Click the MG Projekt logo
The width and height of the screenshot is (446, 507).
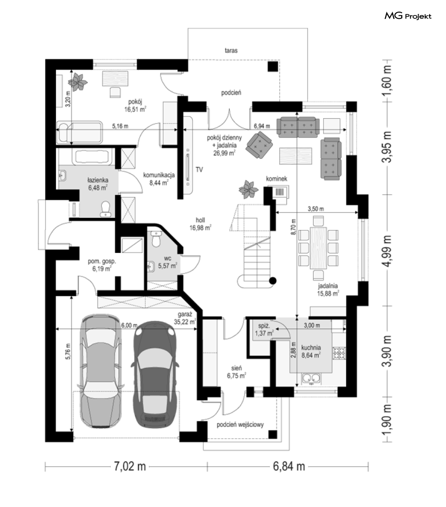point(408,16)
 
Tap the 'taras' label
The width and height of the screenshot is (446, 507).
point(231,51)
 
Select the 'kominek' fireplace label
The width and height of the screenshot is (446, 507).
point(277,179)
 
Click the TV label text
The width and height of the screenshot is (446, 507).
point(199,170)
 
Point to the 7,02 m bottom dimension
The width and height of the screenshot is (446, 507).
point(130,466)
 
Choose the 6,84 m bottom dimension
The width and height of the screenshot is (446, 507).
point(289,466)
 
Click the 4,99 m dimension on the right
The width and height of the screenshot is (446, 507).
point(387,251)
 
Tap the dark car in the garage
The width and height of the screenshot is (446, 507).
point(154,375)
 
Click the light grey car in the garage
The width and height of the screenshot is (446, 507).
point(100,371)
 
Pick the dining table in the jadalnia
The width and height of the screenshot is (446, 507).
point(318,248)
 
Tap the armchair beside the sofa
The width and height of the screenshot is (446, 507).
point(259,145)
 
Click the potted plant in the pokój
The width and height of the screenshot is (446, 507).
point(78,81)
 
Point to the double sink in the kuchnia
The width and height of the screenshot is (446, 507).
point(311,378)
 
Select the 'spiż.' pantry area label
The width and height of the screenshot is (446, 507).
point(264,326)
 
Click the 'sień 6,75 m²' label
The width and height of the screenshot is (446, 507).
point(236,372)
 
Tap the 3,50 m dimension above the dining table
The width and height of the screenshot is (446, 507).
point(316,209)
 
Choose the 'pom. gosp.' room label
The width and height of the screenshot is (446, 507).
point(102,261)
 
